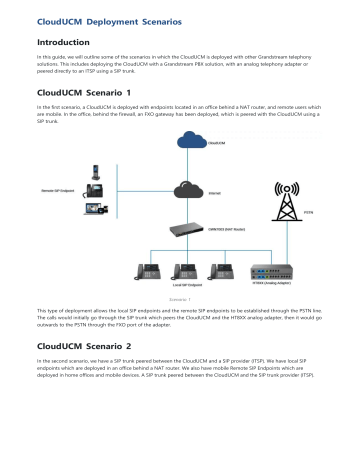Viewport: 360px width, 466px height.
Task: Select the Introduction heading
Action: [x=63, y=44]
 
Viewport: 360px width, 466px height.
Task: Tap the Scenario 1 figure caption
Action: [x=180, y=325]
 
